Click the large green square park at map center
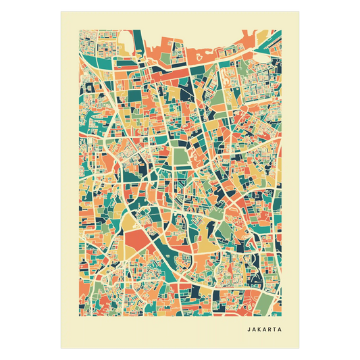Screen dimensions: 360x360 click(x=180, y=157)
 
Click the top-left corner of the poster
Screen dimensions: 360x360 click(x=60, y=9)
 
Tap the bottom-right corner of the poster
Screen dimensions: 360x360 click(x=301, y=349)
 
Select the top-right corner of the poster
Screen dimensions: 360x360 click(x=301, y=9)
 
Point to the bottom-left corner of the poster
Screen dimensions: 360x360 click(x=60, y=349)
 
